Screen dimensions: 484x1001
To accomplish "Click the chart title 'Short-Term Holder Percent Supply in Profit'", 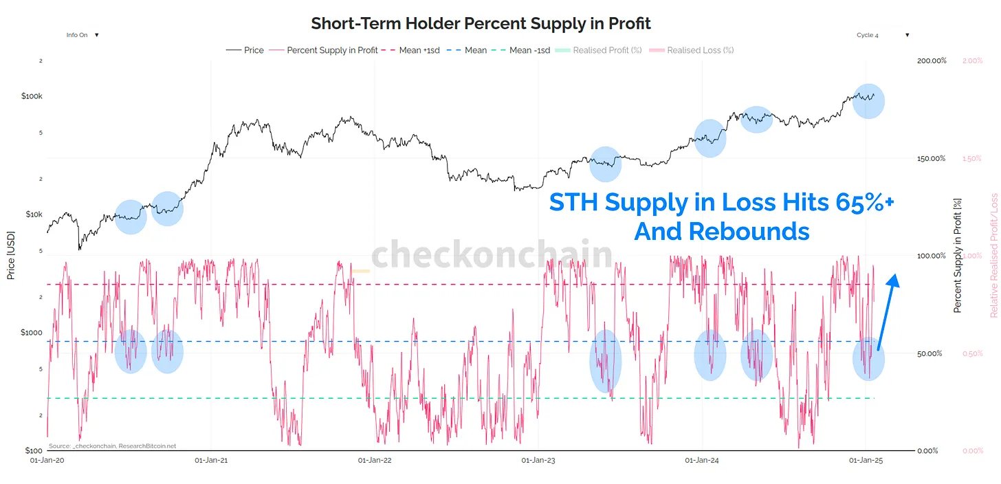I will (x=481, y=23).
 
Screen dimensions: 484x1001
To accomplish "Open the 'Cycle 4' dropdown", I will (x=883, y=35).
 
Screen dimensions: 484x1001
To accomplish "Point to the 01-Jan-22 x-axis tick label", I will (x=375, y=460).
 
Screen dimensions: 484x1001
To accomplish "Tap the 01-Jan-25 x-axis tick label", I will (x=866, y=460).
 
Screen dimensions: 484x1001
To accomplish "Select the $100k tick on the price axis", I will (x=32, y=96).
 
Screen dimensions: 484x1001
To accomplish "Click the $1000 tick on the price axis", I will (x=31, y=333).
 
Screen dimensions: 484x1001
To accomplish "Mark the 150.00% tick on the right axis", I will (x=932, y=159).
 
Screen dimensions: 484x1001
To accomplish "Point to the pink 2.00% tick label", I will (x=972, y=61).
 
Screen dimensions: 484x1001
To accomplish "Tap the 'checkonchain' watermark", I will (x=492, y=255).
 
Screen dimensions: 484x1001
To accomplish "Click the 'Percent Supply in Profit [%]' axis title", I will (x=957, y=255).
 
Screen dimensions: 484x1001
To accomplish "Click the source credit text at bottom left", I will (x=112, y=446).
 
